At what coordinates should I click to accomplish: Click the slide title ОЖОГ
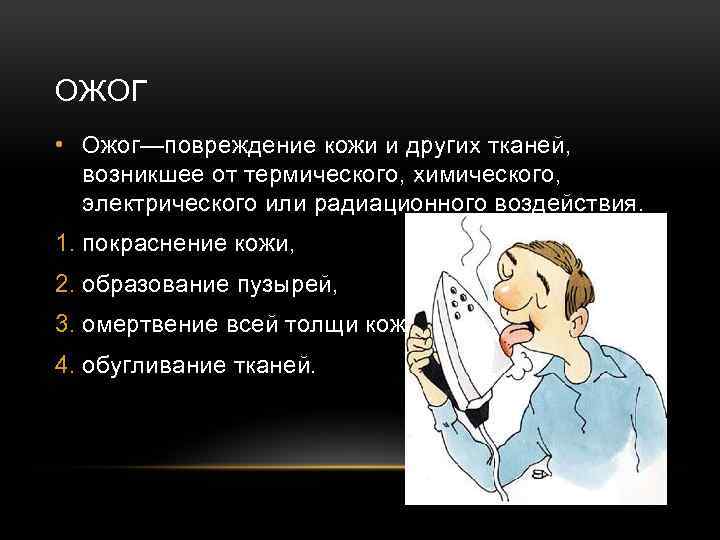click(102, 93)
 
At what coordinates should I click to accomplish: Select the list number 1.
click(66, 244)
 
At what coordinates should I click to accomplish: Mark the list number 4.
click(66, 367)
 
